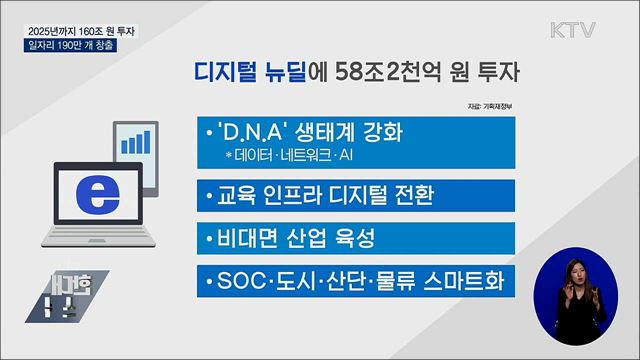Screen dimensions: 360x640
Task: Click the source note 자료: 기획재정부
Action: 488,106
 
